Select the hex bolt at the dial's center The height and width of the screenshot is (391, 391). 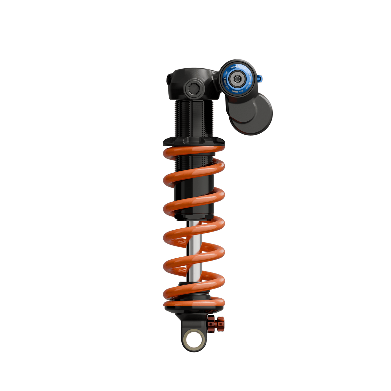point(238,79)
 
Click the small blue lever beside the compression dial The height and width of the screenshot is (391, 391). point(260,78)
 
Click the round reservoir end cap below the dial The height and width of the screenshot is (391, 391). point(254,113)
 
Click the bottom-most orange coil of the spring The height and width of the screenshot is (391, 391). point(193,303)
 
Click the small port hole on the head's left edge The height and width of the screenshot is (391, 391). point(169,79)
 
